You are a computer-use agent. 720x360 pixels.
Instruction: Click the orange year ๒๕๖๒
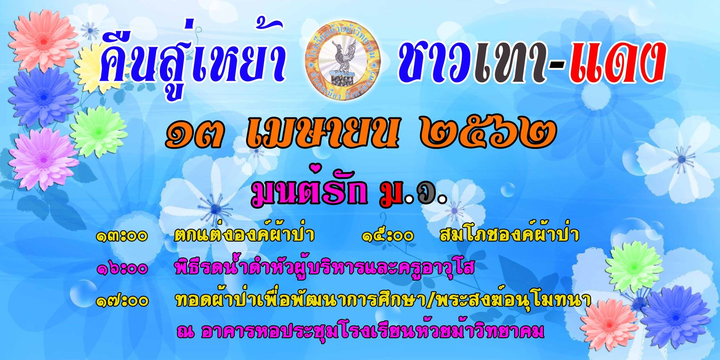[488, 134]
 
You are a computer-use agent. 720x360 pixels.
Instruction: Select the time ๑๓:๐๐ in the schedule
[122, 236]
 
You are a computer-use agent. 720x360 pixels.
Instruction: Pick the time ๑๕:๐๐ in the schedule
[388, 236]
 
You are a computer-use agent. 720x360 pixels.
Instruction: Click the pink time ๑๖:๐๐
[122, 269]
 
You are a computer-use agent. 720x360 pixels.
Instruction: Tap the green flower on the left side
[98, 132]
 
